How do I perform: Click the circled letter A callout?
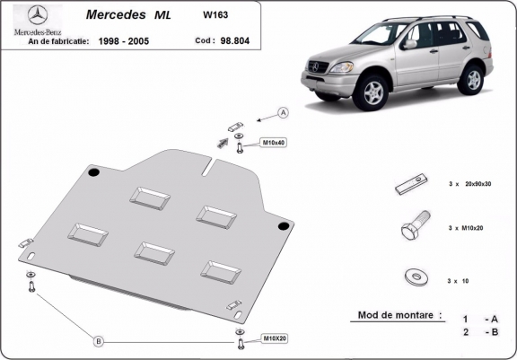282,113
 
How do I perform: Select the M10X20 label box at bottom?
273,338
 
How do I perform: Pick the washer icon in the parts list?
413,275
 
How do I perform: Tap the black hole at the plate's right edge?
285,224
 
